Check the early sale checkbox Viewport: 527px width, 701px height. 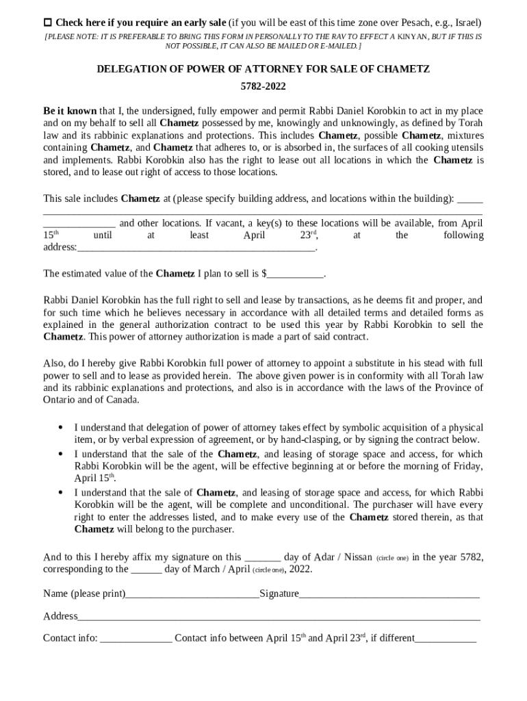coord(48,23)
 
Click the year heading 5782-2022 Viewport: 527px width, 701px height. coord(263,86)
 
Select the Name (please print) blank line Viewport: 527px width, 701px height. coord(192,594)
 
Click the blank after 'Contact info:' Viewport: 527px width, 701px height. coord(136,639)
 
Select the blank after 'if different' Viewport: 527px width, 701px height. coord(446,639)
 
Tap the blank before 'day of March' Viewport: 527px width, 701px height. coord(146,569)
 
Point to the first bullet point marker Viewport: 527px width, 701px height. coord(61,428)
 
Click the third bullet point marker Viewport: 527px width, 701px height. coord(61,492)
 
